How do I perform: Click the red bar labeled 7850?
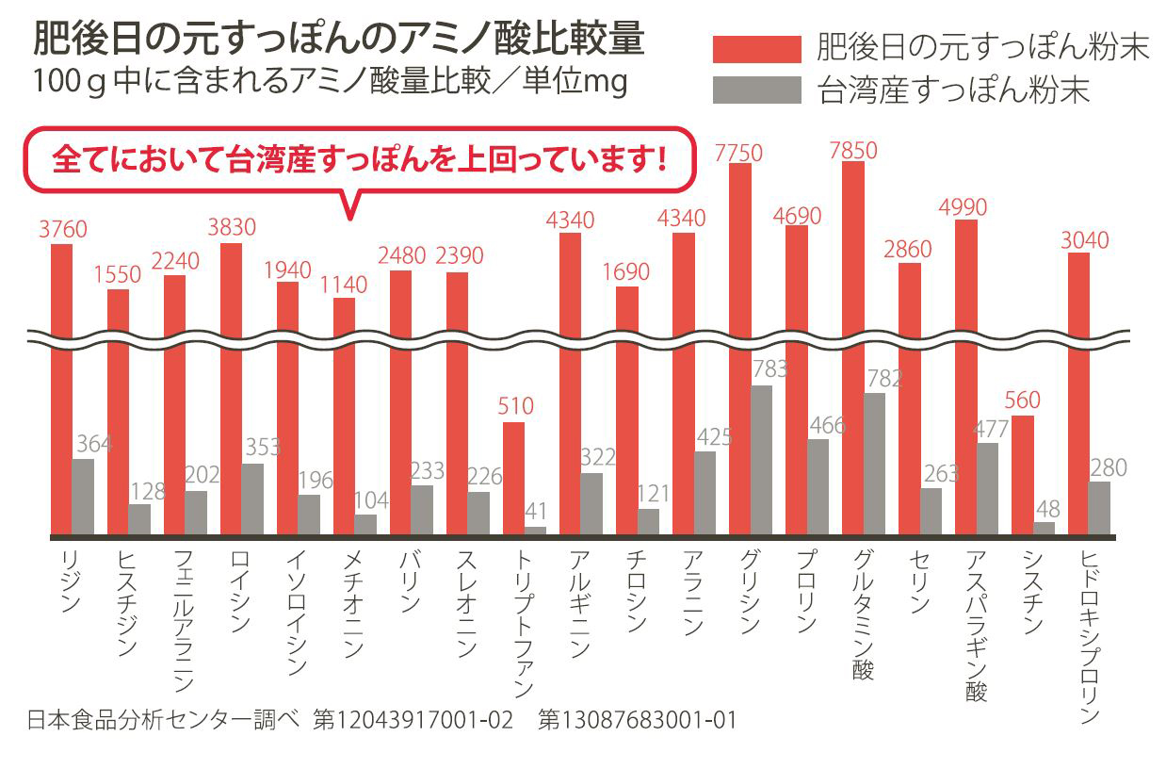[x=852, y=349]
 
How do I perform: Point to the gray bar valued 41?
[x=535, y=531]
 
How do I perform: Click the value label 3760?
[x=62, y=229]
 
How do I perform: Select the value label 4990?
[x=965, y=206]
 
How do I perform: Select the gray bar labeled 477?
[x=987, y=488]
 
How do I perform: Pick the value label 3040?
[x=1085, y=240]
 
